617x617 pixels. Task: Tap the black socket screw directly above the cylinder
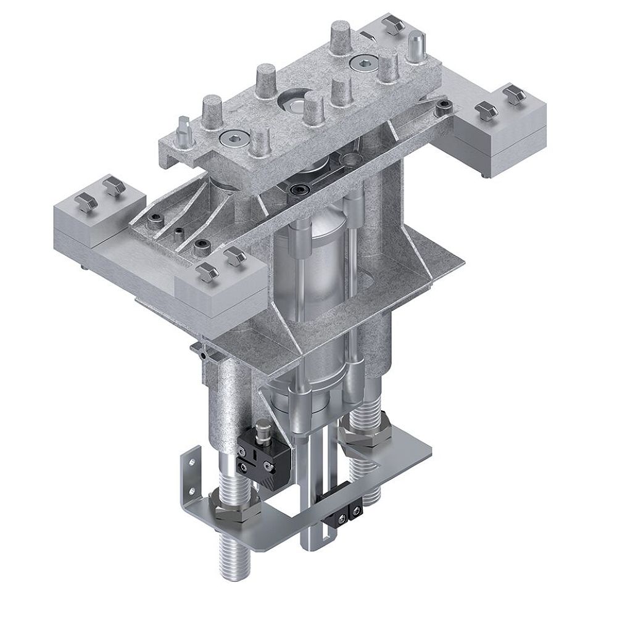coord(301,188)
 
